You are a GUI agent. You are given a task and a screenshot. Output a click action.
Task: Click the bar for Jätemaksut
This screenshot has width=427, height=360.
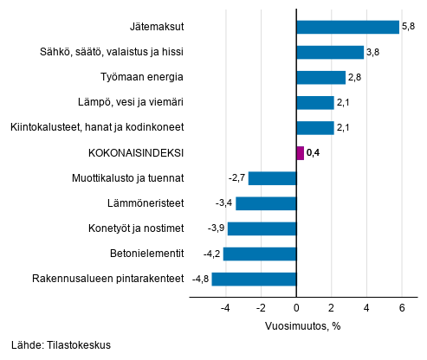click(x=347, y=27)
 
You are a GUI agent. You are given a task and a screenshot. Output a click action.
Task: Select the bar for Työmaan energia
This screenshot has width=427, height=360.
click(x=320, y=78)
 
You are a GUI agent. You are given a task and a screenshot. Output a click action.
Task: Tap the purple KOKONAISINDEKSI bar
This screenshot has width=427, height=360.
click(x=300, y=153)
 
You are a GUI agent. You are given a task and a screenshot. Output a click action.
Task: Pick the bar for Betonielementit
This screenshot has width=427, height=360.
click(x=260, y=254)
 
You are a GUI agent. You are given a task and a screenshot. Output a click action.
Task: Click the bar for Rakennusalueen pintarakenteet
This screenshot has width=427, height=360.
click(x=254, y=279)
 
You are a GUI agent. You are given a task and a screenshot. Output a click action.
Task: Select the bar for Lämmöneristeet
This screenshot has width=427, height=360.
click(x=266, y=203)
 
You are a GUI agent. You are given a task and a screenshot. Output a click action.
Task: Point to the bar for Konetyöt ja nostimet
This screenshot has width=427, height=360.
click(x=262, y=228)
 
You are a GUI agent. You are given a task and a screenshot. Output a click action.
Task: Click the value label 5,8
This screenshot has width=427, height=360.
click(x=408, y=28)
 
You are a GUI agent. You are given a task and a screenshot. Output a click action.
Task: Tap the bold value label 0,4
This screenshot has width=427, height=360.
click(x=314, y=154)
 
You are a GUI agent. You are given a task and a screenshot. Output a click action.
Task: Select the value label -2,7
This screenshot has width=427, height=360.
click(x=237, y=178)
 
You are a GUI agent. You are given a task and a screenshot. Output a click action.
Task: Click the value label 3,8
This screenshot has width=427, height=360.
click(x=373, y=53)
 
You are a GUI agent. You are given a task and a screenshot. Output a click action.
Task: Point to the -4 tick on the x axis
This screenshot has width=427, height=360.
click(x=225, y=306)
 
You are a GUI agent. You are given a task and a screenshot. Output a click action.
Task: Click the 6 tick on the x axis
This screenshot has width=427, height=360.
click(x=402, y=306)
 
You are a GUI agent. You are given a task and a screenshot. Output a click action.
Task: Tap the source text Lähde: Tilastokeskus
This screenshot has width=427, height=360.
click(x=61, y=345)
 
